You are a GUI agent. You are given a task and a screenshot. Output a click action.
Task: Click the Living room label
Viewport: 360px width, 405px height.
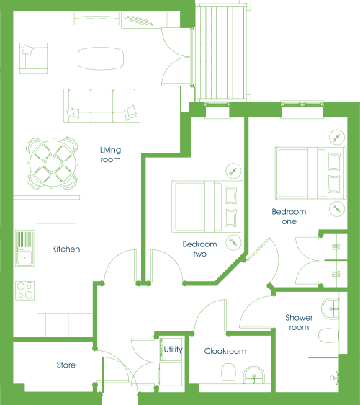110,155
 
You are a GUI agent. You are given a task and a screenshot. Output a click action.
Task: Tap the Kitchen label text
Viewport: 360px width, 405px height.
66,249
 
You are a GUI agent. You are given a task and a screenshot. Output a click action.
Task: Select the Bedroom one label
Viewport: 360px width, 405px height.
289,216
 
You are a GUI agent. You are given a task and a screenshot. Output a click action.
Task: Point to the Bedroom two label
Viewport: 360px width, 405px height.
199,249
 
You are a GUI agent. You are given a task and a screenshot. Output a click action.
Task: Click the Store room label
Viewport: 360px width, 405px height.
66,365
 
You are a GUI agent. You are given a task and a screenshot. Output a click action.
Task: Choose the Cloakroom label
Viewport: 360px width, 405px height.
225,351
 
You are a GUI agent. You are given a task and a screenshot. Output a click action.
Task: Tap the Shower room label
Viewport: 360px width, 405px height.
299,322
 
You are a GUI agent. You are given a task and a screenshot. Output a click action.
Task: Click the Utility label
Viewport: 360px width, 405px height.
174,350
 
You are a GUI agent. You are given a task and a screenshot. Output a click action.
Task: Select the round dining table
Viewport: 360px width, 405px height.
53,164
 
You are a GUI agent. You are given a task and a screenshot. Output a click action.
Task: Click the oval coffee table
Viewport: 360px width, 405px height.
101,58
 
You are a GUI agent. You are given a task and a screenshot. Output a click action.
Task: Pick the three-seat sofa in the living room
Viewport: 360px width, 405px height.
102,105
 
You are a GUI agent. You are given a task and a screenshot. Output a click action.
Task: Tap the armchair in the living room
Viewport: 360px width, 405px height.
33,58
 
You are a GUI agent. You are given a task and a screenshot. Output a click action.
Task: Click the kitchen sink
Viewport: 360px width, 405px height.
24,248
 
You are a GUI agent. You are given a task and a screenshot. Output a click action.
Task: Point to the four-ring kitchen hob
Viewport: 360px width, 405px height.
24,290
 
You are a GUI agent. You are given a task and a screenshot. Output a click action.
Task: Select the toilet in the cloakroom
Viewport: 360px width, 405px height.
229,373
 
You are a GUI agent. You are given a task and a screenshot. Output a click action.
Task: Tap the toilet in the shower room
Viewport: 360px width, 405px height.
328,336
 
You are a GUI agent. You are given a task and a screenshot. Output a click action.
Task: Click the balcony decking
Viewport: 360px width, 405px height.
220,53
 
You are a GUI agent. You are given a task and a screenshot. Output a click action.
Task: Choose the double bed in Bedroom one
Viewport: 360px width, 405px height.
310,173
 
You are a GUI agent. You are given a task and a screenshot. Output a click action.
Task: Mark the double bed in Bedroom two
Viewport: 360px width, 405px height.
207,207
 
